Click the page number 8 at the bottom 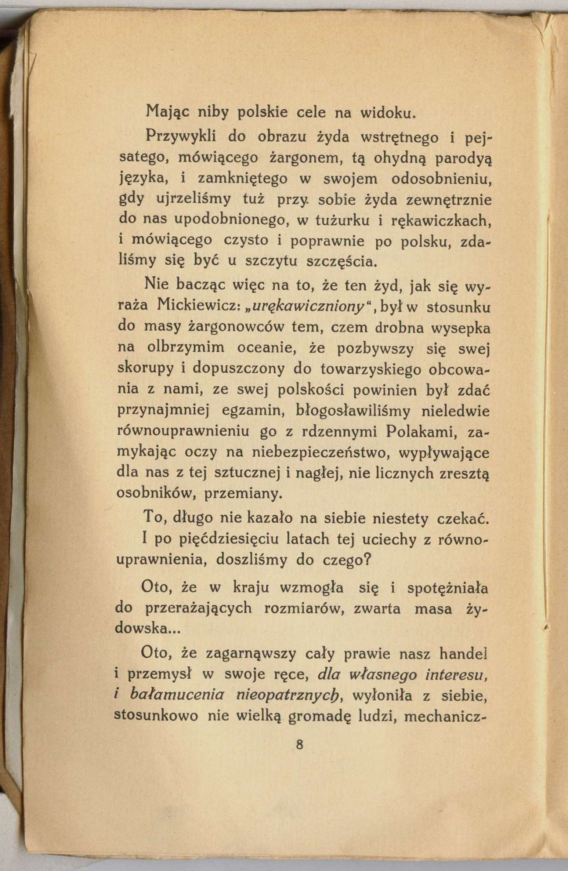(299, 744)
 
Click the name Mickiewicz (199, 307)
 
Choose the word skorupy (145, 368)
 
